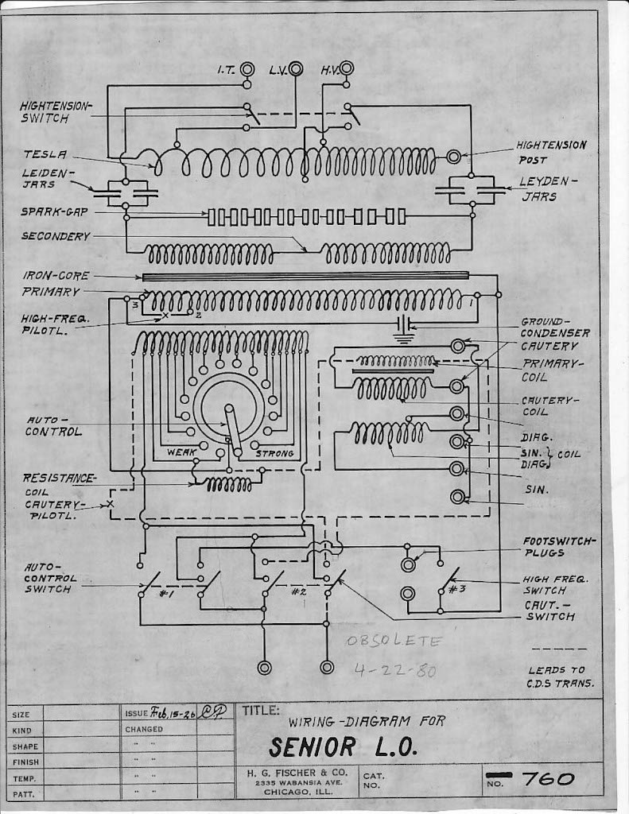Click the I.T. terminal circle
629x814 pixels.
pos(247,69)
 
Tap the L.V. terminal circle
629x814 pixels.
pos(296,69)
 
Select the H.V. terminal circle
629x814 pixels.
pos(347,69)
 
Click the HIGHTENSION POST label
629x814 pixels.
pos(551,152)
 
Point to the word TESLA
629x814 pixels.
pos(45,154)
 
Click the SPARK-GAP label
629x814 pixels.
pos(55,212)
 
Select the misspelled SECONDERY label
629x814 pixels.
pos(56,236)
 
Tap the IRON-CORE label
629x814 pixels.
pos(56,275)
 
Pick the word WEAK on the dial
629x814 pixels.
pos(181,453)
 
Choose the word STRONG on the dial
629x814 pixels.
pos(274,453)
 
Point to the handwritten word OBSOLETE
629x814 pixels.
pos(392,642)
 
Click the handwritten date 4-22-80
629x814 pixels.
pos(394,670)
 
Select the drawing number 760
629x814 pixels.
pos(549,779)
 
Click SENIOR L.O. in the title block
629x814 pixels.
pos(343,748)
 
